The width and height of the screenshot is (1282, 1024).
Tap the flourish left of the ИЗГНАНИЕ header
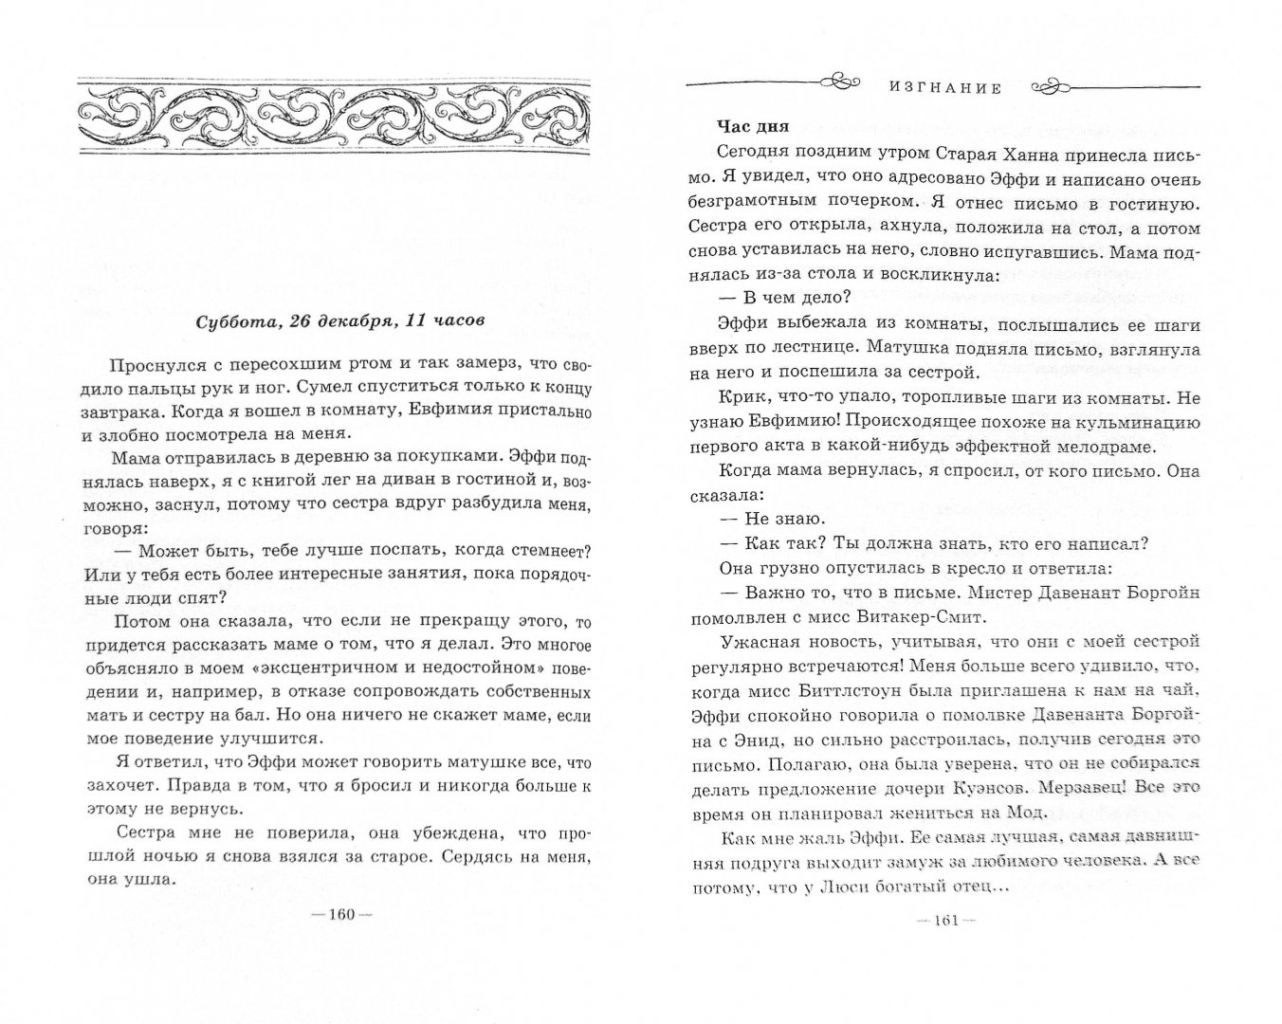click(x=838, y=82)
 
